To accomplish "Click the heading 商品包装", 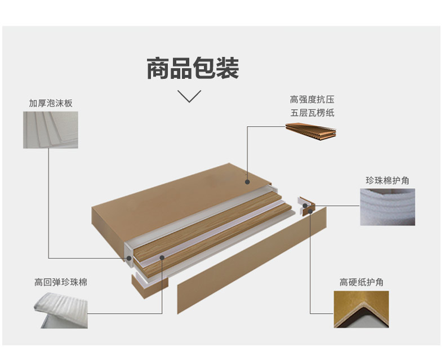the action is click(x=193, y=68).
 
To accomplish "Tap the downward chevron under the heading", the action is click(x=189, y=96).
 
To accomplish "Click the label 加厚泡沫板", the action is click(x=51, y=103).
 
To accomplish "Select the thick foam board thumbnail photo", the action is click(x=51, y=130).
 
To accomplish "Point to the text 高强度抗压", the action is click(x=312, y=99).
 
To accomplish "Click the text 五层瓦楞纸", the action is click(x=312, y=113).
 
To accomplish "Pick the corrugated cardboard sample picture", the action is click(x=311, y=131).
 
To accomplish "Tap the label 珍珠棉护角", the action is click(x=388, y=180).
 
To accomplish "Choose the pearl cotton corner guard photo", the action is click(x=388, y=207).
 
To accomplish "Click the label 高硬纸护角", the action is click(x=361, y=282).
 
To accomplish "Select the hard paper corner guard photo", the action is click(x=361, y=309).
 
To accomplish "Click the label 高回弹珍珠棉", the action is click(x=61, y=282).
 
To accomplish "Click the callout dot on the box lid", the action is click(x=247, y=182).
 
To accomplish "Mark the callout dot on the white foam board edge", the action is click(x=129, y=258).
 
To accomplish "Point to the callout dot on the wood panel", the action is click(x=162, y=257).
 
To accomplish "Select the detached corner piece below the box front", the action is click(x=150, y=285).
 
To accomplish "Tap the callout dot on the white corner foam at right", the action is click(x=305, y=206).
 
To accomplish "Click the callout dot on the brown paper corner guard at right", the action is click(x=310, y=211).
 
